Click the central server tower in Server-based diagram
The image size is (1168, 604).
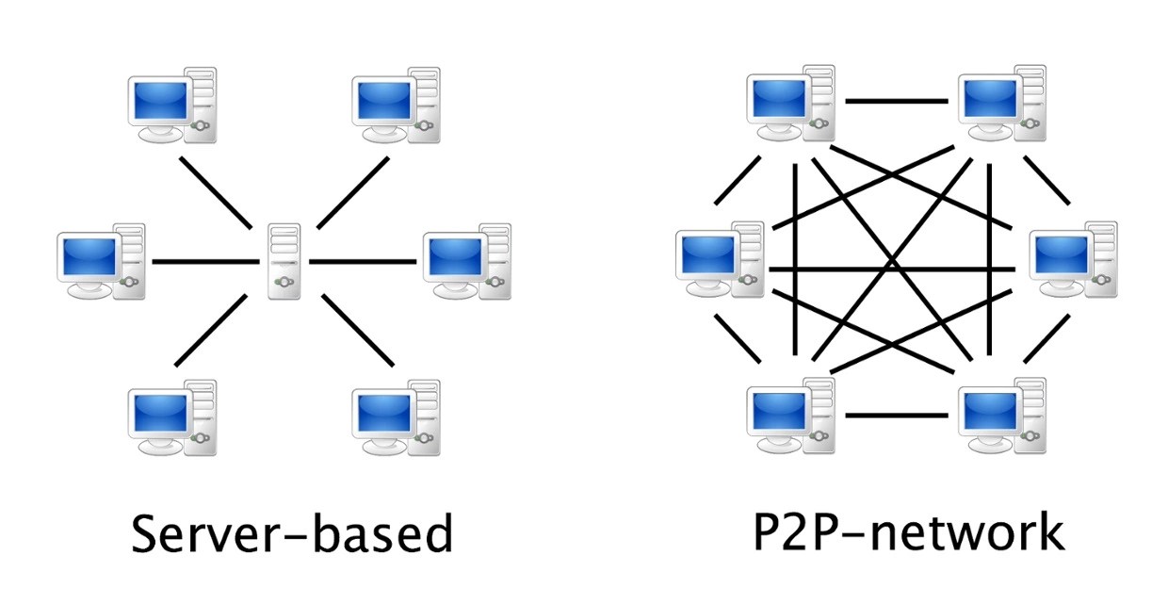pyautogui.click(x=284, y=261)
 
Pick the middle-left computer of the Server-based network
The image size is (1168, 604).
pyautogui.click(x=102, y=262)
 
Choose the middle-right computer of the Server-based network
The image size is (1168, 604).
pyautogui.click(x=467, y=262)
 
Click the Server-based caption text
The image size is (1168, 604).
pyautogui.click(x=292, y=533)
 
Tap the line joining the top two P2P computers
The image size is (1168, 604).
pyautogui.click(x=896, y=100)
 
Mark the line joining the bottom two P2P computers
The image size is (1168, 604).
pyautogui.click(x=896, y=415)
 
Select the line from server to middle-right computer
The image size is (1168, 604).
pyautogui.click(x=363, y=261)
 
